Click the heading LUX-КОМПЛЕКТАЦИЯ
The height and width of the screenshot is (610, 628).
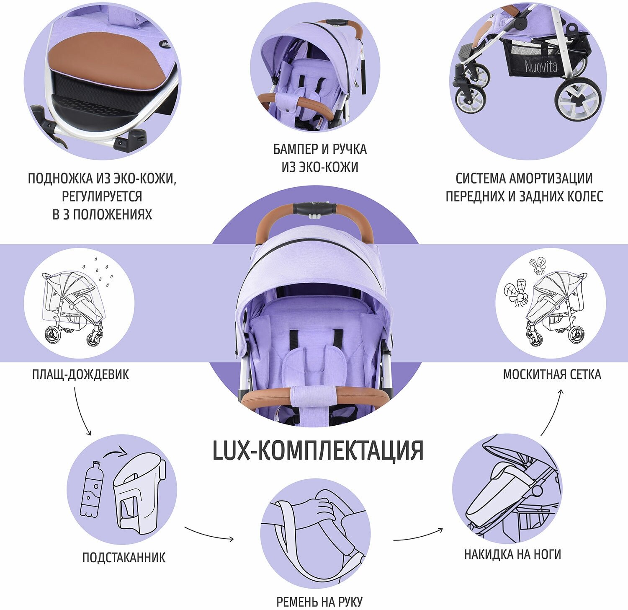[318, 450]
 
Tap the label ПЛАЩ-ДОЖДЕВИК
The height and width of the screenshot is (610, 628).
[80, 374]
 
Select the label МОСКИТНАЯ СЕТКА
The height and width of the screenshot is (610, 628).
[552, 374]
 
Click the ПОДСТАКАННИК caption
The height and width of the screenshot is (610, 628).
[124, 557]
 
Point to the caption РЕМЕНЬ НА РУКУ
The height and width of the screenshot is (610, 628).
[319, 602]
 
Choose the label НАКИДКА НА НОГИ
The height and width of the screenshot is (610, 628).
[512, 554]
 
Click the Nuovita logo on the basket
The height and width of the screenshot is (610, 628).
[541, 66]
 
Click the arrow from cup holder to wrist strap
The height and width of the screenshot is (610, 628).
[209, 534]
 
